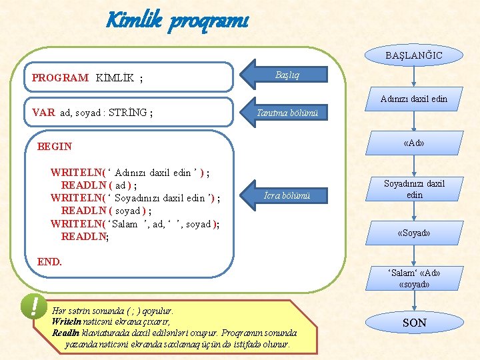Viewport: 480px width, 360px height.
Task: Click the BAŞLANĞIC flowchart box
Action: click(x=413, y=55)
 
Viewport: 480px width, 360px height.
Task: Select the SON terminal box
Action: click(x=413, y=323)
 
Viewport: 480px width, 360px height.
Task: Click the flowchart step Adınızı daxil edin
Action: click(x=413, y=99)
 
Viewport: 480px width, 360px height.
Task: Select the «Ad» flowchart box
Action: click(x=413, y=143)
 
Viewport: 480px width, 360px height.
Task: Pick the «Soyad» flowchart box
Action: click(x=413, y=233)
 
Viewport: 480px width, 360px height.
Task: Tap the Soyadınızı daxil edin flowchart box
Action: click(x=413, y=189)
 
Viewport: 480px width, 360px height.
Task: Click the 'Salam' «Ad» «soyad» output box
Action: click(x=413, y=278)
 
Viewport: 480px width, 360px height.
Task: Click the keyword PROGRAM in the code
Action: click(x=60, y=77)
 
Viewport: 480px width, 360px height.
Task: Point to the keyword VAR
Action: click(x=43, y=113)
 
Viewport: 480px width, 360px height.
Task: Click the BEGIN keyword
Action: click(x=55, y=146)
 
